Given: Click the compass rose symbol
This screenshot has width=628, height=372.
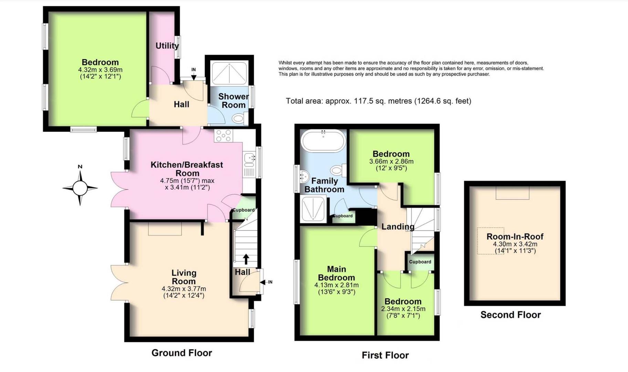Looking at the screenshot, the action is tap(80, 188).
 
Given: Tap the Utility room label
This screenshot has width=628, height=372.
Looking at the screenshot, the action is tap(167, 46).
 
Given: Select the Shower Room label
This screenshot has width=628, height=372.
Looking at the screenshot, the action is tap(233, 101).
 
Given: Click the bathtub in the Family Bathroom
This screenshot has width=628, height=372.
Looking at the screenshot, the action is tap(323, 141).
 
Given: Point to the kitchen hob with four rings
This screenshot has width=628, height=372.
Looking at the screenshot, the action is tap(223, 136).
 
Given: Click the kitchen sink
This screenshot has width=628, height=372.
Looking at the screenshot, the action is tap(249, 158).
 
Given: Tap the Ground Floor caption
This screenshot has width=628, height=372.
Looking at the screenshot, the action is tap(182, 353).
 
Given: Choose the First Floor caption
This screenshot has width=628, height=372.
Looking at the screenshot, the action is tap(385, 355).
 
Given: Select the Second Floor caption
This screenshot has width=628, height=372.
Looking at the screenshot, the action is tap(511, 315).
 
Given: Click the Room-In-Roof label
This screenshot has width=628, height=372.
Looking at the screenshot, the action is tap(515, 237).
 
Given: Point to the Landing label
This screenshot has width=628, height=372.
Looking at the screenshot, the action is tap(398, 227).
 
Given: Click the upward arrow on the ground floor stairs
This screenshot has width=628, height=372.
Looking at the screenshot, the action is tap(246, 259).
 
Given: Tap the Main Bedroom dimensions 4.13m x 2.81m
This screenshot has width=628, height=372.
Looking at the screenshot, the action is tap(336, 285).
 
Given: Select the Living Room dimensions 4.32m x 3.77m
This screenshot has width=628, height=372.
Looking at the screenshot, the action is tap(184, 289).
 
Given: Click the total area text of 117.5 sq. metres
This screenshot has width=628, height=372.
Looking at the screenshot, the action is tap(378, 101).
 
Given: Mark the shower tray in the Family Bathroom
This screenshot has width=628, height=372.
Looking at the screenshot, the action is tap(313, 208).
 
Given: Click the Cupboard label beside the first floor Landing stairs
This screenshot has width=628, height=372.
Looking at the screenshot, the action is tap(420, 262).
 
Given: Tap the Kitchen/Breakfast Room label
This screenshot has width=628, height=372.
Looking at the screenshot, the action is tap(187, 169).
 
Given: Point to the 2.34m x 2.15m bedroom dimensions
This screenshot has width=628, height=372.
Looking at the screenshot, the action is tap(403, 309).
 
